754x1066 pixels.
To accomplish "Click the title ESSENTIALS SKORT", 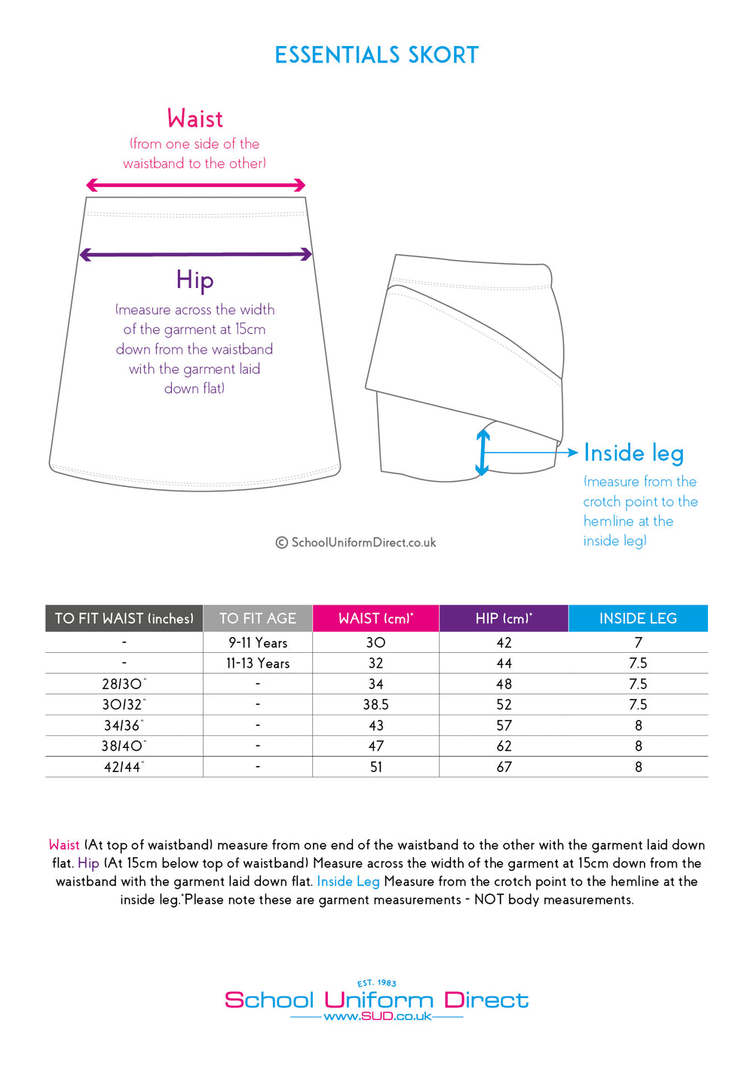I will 377,55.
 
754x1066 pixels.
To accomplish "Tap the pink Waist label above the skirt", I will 195,119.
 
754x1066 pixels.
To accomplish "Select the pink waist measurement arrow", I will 195,185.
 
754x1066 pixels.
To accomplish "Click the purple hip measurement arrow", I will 195,255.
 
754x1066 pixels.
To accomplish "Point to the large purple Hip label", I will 195,280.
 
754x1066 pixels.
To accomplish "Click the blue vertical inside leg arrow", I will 483,452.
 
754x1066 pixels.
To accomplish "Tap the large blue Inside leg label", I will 633,453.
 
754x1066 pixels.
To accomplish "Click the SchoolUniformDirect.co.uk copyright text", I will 356,543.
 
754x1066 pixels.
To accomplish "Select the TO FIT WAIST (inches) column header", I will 124,618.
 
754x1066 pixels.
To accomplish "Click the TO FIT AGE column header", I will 258,618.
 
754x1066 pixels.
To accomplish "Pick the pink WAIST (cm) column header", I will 375,618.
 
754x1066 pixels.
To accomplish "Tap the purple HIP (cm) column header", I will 504,618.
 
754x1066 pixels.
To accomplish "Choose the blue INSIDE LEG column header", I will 638,618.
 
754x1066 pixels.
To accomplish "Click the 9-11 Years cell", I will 258,643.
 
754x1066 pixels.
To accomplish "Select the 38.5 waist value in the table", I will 375,705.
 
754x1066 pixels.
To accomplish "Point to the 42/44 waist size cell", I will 124,767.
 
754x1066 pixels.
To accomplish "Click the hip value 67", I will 504,767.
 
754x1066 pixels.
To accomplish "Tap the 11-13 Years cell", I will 258,663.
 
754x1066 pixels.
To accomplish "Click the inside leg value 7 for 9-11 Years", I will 638,643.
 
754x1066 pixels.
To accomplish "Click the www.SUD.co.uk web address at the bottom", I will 377,1016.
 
